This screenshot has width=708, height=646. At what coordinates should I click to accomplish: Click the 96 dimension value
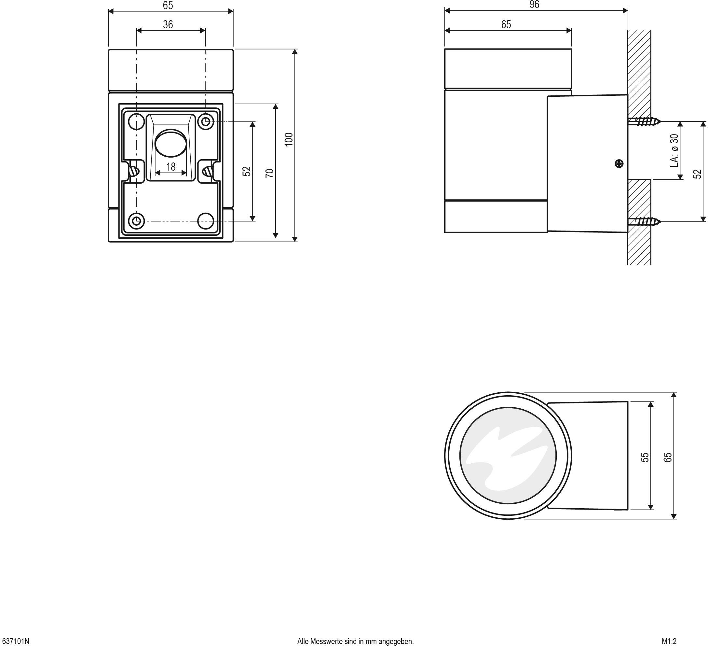(534, 5)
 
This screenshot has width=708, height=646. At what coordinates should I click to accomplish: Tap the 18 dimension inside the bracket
(171, 167)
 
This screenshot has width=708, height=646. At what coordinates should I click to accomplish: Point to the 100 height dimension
(289, 140)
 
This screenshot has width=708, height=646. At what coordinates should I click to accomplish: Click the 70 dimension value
(269, 173)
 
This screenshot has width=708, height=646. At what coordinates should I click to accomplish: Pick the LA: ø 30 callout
(674, 150)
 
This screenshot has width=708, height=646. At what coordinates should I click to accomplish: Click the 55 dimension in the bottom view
(645, 457)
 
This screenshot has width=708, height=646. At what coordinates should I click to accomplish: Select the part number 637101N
(15, 641)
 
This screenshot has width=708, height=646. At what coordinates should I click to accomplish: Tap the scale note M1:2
(669, 641)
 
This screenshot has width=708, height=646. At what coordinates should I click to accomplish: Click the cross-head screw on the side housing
(619, 163)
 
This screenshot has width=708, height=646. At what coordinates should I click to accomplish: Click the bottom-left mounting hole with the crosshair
(136, 221)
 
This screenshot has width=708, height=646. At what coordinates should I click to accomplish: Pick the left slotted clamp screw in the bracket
(134, 171)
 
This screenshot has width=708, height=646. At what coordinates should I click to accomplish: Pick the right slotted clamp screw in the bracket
(208, 171)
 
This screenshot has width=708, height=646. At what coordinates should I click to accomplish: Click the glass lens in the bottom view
(508, 456)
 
